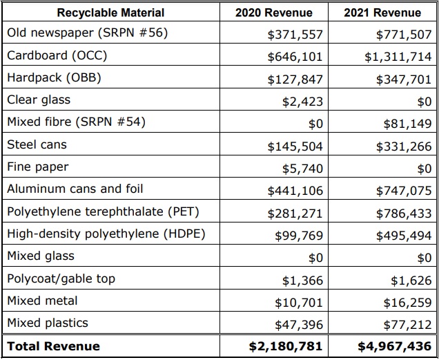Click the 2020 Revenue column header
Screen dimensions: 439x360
click(273, 12)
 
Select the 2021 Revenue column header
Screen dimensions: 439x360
click(382, 12)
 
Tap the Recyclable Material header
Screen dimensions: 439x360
click(110, 12)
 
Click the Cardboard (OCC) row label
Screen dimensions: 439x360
click(57, 55)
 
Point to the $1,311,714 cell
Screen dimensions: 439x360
click(398, 57)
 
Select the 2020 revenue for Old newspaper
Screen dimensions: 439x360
click(295, 35)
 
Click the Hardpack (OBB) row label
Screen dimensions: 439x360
click(54, 77)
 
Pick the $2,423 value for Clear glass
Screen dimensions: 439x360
click(302, 102)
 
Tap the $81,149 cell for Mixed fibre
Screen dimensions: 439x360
click(407, 124)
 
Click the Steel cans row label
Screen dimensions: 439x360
click(37, 144)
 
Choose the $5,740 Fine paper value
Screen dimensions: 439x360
click(302, 169)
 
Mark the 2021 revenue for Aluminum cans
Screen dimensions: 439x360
click(404, 191)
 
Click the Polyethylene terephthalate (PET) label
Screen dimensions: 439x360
click(103, 211)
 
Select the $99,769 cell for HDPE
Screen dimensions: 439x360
click(299, 236)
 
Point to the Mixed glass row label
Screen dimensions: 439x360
click(41, 256)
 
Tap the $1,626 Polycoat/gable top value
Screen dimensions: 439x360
click(411, 281)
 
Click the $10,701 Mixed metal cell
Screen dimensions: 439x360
click(299, 303)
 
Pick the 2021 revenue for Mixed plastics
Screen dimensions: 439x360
click(407, 325)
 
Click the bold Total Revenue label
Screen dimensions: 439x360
click(53, 346)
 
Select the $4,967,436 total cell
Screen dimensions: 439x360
click(395, 347)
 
